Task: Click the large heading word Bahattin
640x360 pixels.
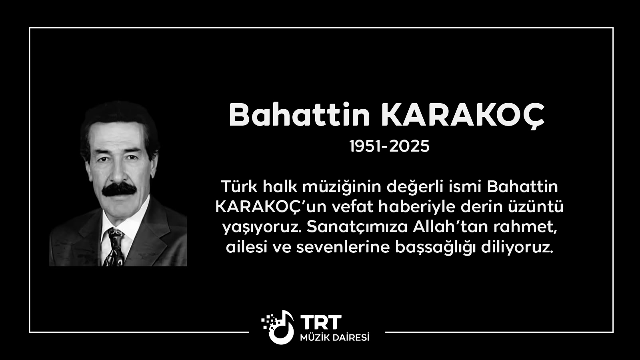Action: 300,115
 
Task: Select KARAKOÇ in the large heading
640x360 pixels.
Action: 463,116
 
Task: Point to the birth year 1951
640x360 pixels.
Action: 365,146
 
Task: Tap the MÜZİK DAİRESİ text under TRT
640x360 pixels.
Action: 334,338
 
